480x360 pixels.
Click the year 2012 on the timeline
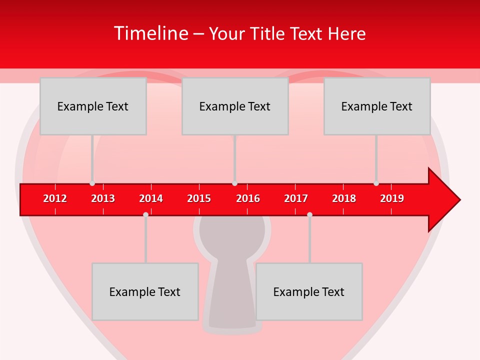click(x=55, y=198)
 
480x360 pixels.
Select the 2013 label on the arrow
click(x=103, y=198)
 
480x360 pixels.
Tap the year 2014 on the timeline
click(x=151, y=198)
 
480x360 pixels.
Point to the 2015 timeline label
click(x=199, y=198)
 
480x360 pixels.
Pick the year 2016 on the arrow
click(x=248, y=198)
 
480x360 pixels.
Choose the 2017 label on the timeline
click(x=296, y=198)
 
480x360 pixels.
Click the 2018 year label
click(x=344, y=198)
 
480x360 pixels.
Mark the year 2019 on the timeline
click(x=392, y=198)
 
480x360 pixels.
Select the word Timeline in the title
click(x=151, y=33)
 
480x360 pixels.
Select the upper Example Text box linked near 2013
click(x=93, y=106)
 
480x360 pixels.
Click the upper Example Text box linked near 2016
click(x=235, y=106)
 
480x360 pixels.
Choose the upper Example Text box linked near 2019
click(x=377, y=106)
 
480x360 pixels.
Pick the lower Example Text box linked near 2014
click(x=145, y=291)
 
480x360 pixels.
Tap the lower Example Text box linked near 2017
click(x=309, y=291)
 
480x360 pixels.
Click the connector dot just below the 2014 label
click(x=145, y=214)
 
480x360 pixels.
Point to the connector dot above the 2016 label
click(x=234, y=183)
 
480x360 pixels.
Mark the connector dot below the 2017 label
click(x=309, y=214)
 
